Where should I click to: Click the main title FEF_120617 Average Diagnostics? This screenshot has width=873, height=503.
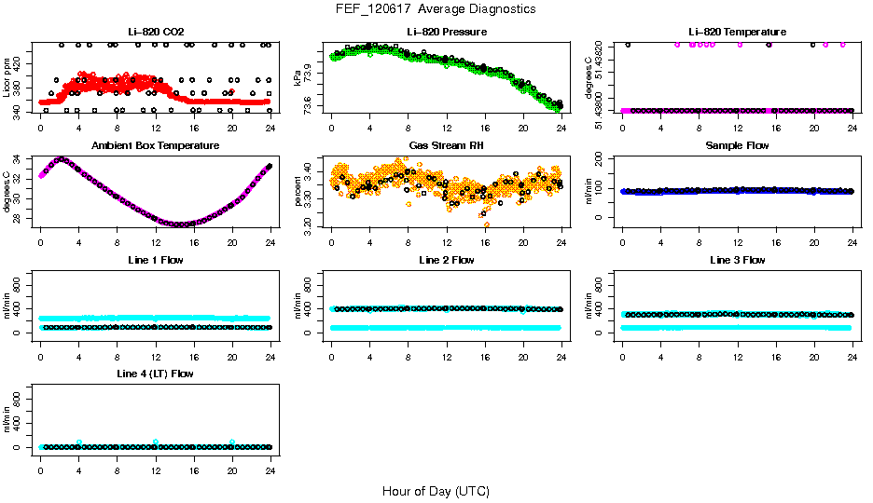pyautogui.click(x=436, y=8)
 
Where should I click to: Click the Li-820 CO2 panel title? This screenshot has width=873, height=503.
pyautogui.click(x=155, y=32)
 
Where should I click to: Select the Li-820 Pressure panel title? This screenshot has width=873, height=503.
pyautogui.click(x=446, y=32)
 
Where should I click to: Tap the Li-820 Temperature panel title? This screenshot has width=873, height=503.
pyautogui.click(x=737, y=32)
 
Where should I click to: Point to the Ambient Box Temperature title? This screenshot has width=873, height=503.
pyautogui.click(x=155, y=146)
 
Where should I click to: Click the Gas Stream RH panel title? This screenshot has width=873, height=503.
pyautogui.click(x=446, y=146)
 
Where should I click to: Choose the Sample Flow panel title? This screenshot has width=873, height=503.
pyautogui.click(x=737, y=146)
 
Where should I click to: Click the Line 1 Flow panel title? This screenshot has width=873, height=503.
pyautogui.click(x=155, y=260)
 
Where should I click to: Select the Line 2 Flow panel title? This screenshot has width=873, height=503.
pyautogui.click(x=446, y=260)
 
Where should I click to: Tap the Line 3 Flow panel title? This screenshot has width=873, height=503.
pyautogui.click(x=737, y=260)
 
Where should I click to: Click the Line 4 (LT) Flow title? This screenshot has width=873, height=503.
pyautogui.click(x=155, y=374)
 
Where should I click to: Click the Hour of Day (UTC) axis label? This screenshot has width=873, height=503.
pyautogui.click(x=436, y=491)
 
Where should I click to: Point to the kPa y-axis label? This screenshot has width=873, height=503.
pyautogui.click(x=298, y=77)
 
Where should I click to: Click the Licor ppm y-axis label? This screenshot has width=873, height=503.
pyautogui.click(x=7, y=77)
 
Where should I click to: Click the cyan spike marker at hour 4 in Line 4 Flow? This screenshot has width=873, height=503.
pyautogui.click(x=79, y=442)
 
